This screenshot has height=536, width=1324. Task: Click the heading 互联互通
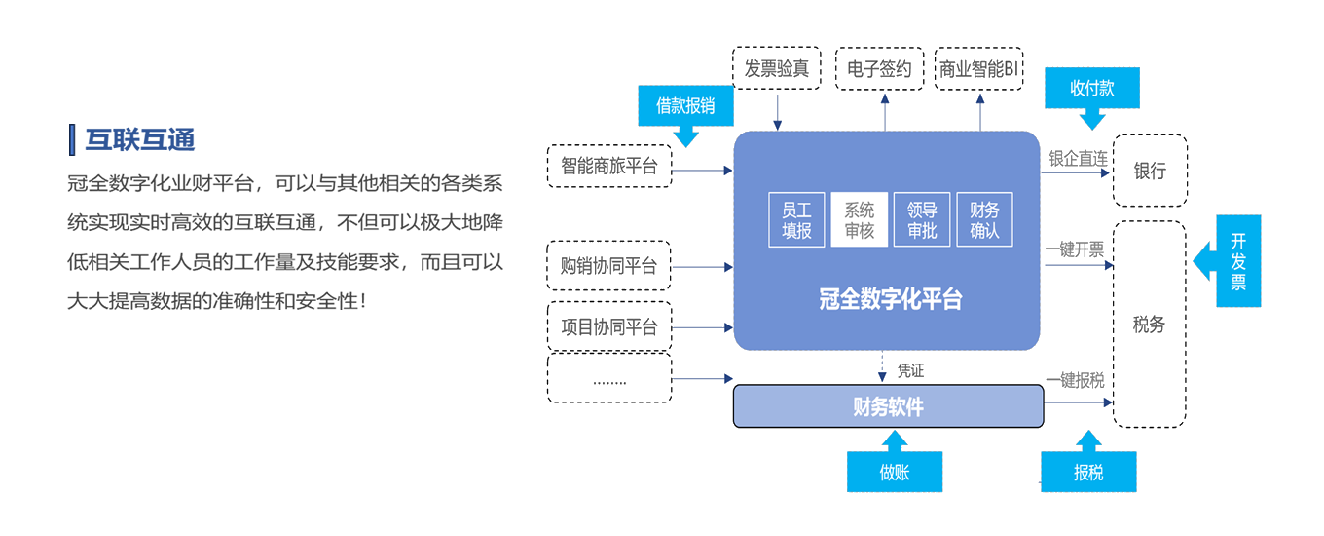coord(140,140)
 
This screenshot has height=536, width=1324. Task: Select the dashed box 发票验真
coord(777,69)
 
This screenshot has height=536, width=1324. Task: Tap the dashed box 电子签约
coord(879,69)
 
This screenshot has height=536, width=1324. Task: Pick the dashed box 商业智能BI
coord(978,69)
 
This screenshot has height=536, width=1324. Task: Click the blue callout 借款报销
coord(685,105)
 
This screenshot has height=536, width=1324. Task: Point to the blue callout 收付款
coord(1091,89)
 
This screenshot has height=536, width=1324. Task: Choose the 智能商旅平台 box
coord(609,167)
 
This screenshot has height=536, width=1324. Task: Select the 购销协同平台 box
coord(609,266)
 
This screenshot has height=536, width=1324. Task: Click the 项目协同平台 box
coord(609,327)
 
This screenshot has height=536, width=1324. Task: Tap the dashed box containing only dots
coord(609,378)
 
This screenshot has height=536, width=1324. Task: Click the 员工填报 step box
coord(796,220)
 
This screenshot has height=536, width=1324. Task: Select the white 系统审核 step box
coord(859,220)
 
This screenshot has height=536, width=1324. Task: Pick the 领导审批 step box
coord(921,220)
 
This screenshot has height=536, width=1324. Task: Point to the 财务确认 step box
coord(984,220)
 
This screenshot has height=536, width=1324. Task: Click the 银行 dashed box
coord(1150,171)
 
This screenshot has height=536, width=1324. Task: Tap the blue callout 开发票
coord(1237,261)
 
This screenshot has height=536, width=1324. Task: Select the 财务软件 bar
coord(887,406)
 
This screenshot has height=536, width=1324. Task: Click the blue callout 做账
coord(895,473)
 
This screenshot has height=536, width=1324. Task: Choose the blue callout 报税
coord(1088,473)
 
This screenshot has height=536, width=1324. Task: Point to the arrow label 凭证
coord(910,370)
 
